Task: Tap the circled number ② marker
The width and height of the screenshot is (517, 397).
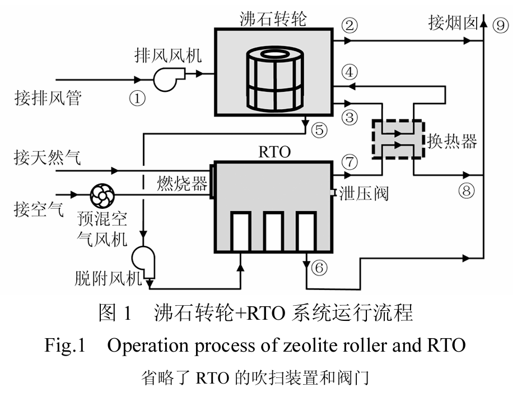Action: [350, 25]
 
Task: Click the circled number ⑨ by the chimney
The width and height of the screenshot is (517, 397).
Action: [499, 24]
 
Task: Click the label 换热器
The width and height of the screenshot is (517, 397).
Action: [452, 141]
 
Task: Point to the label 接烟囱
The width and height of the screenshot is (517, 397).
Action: [453, 23]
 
